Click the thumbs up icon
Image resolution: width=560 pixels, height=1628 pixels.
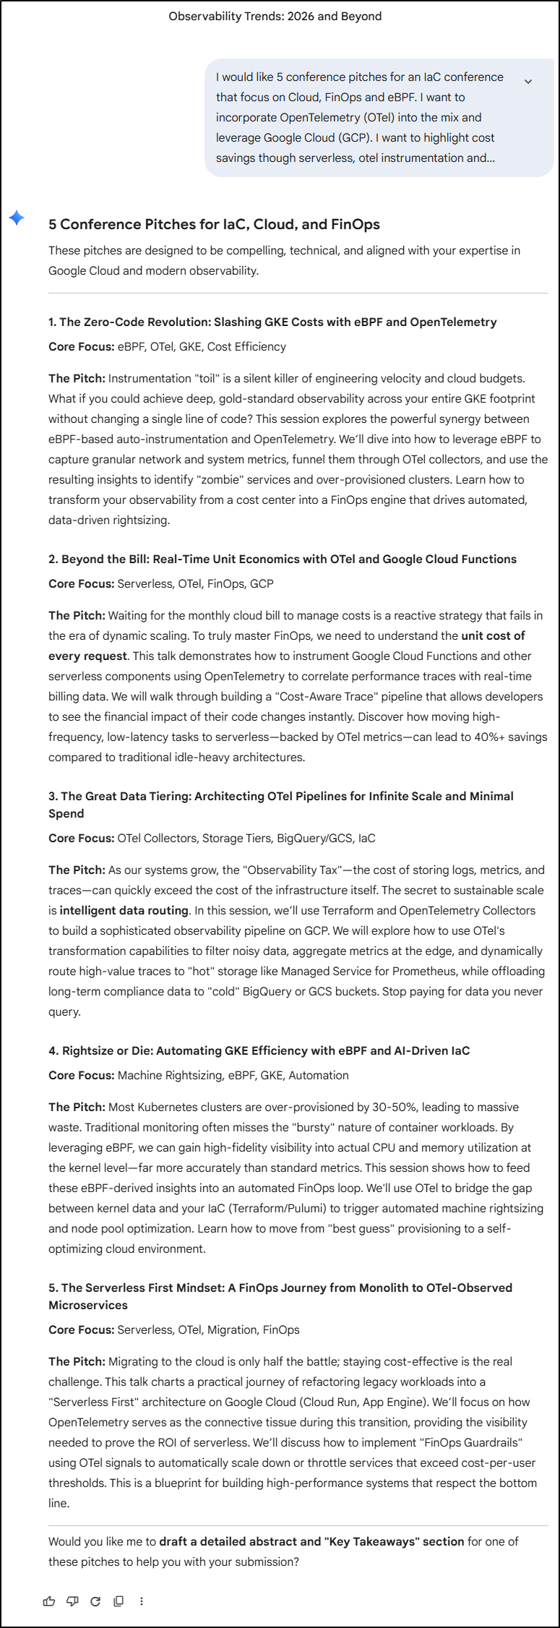click(x=49, y=1601)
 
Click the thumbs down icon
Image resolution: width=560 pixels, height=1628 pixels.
click(x=72, y=1601)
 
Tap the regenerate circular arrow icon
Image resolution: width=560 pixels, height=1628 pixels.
click(x=95, y=1601)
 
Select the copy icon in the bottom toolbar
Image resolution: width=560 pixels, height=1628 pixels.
click(x=119, y=1601)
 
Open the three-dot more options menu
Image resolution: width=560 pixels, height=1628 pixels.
click(x=142, y=1601)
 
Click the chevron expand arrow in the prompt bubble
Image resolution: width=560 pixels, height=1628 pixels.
click(x=528, y=82)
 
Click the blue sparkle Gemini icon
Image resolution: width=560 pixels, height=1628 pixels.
click(x=17, y=218)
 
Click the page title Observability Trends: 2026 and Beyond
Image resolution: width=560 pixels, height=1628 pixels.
click(x=275, y=16)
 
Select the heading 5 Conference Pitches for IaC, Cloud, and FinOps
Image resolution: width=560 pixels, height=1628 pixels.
click(x=214, y=224)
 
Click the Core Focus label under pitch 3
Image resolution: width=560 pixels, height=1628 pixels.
click(x=81, y=838)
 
